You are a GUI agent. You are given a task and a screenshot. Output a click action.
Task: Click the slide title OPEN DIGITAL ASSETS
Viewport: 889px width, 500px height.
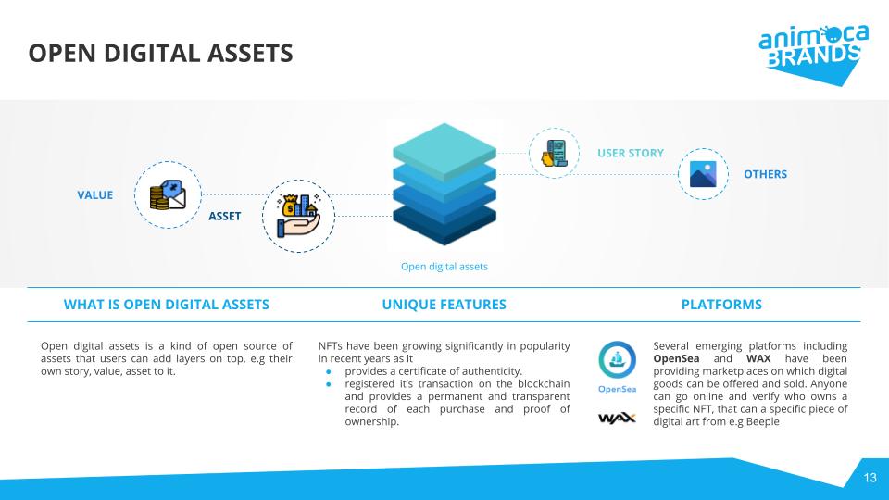pos(160,54)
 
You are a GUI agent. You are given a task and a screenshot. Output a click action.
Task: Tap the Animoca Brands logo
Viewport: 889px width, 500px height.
pos(813,50)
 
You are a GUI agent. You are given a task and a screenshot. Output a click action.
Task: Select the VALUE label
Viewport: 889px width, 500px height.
pos(94,195)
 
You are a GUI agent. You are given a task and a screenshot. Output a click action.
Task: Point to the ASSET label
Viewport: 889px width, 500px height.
pos(224,217)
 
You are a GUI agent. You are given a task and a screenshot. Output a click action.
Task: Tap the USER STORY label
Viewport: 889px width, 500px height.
pos(630,153)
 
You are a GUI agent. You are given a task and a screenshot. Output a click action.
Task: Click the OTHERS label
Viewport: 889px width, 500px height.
pos(765,174)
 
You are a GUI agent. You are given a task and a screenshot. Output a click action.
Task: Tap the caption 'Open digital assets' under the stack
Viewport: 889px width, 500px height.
pos(444,267)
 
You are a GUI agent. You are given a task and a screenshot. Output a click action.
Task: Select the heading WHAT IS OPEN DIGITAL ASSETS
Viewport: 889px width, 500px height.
pos(166,305)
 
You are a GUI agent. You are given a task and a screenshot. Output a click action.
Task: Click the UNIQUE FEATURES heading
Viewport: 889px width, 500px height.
pos(444,305)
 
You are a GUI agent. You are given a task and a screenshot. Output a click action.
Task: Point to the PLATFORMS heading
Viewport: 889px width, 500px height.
pos(721,305)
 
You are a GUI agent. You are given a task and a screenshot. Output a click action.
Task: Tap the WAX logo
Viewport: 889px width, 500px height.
pos(617,418)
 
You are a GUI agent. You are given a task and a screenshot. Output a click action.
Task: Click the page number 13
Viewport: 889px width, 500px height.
pos(870,478)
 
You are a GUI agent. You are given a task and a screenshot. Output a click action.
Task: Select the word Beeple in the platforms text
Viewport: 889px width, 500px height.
pos(761,422)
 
